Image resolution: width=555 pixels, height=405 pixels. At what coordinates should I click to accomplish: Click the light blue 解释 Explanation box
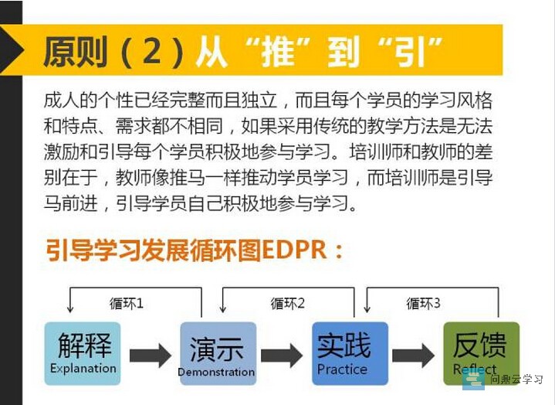[x=83, y=353]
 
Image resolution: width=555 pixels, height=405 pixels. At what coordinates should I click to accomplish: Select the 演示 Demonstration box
[x=218, y=353]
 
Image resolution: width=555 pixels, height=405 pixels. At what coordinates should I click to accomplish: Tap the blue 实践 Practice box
[x=350, y=353]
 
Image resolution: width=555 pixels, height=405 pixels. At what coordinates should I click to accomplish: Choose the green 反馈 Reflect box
[x=482, y=353]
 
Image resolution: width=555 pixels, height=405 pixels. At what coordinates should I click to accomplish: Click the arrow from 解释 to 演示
[x=151, y=356]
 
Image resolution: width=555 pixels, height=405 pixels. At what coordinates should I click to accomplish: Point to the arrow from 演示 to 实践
[x=282, y=356]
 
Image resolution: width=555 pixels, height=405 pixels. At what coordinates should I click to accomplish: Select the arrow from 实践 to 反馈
[x=414, y=356]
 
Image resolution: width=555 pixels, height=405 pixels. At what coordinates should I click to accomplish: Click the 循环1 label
[x=127, y=304]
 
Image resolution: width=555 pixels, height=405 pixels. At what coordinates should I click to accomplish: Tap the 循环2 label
[x=287, y=304]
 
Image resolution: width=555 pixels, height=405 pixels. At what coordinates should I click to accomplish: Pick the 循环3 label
[x=423, y=304]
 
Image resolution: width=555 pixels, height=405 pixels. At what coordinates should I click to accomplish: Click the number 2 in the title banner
[x=152, y=51]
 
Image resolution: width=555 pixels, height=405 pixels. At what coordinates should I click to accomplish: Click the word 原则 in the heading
[x=76, y=52]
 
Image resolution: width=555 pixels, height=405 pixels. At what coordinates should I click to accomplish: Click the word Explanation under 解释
[x=83, y=369]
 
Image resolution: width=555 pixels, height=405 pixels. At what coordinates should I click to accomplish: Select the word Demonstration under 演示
[x=216, y=372]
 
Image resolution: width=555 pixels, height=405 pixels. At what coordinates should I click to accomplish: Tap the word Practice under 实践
[x=342, y=369]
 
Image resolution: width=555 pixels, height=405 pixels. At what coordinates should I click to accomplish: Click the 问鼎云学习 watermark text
[x=516, y=379]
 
